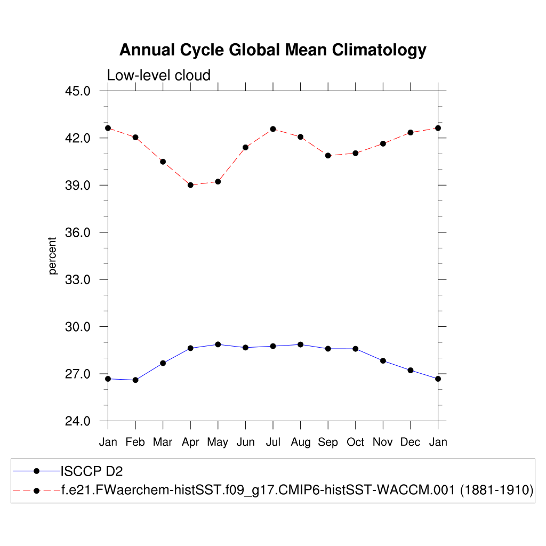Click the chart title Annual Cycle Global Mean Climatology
(272, 50)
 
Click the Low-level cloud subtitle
(159, 75)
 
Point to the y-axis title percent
(52, 256)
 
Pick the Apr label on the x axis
(190, 442)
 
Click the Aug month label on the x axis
(300, 442)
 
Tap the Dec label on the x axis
(410, 442)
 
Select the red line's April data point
(190, 185)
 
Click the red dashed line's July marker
(273, 129)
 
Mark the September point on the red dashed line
(328, 156)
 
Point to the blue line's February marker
(135, 380)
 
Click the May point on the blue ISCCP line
(218, 344)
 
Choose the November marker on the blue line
(383, 361)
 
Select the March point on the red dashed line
(163, 162)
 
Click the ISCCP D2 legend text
(93, 471)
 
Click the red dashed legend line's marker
(37, 490)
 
